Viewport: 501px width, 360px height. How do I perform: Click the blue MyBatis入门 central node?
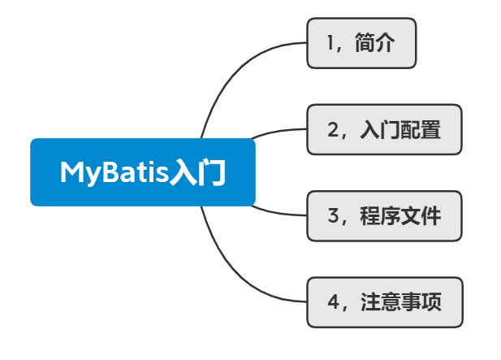[x=143, y=172]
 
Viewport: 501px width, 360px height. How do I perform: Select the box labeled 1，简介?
[x=361, y=43]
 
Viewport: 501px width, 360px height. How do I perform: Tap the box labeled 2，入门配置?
[x=384, y=129]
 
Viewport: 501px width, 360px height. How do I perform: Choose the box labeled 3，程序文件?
[x=384, y=216]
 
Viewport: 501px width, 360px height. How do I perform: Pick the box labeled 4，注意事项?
[x=384, y=302]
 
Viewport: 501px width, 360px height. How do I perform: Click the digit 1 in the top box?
[x=330, y=43]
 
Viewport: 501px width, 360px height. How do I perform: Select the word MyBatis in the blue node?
[x=114, y=173]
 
